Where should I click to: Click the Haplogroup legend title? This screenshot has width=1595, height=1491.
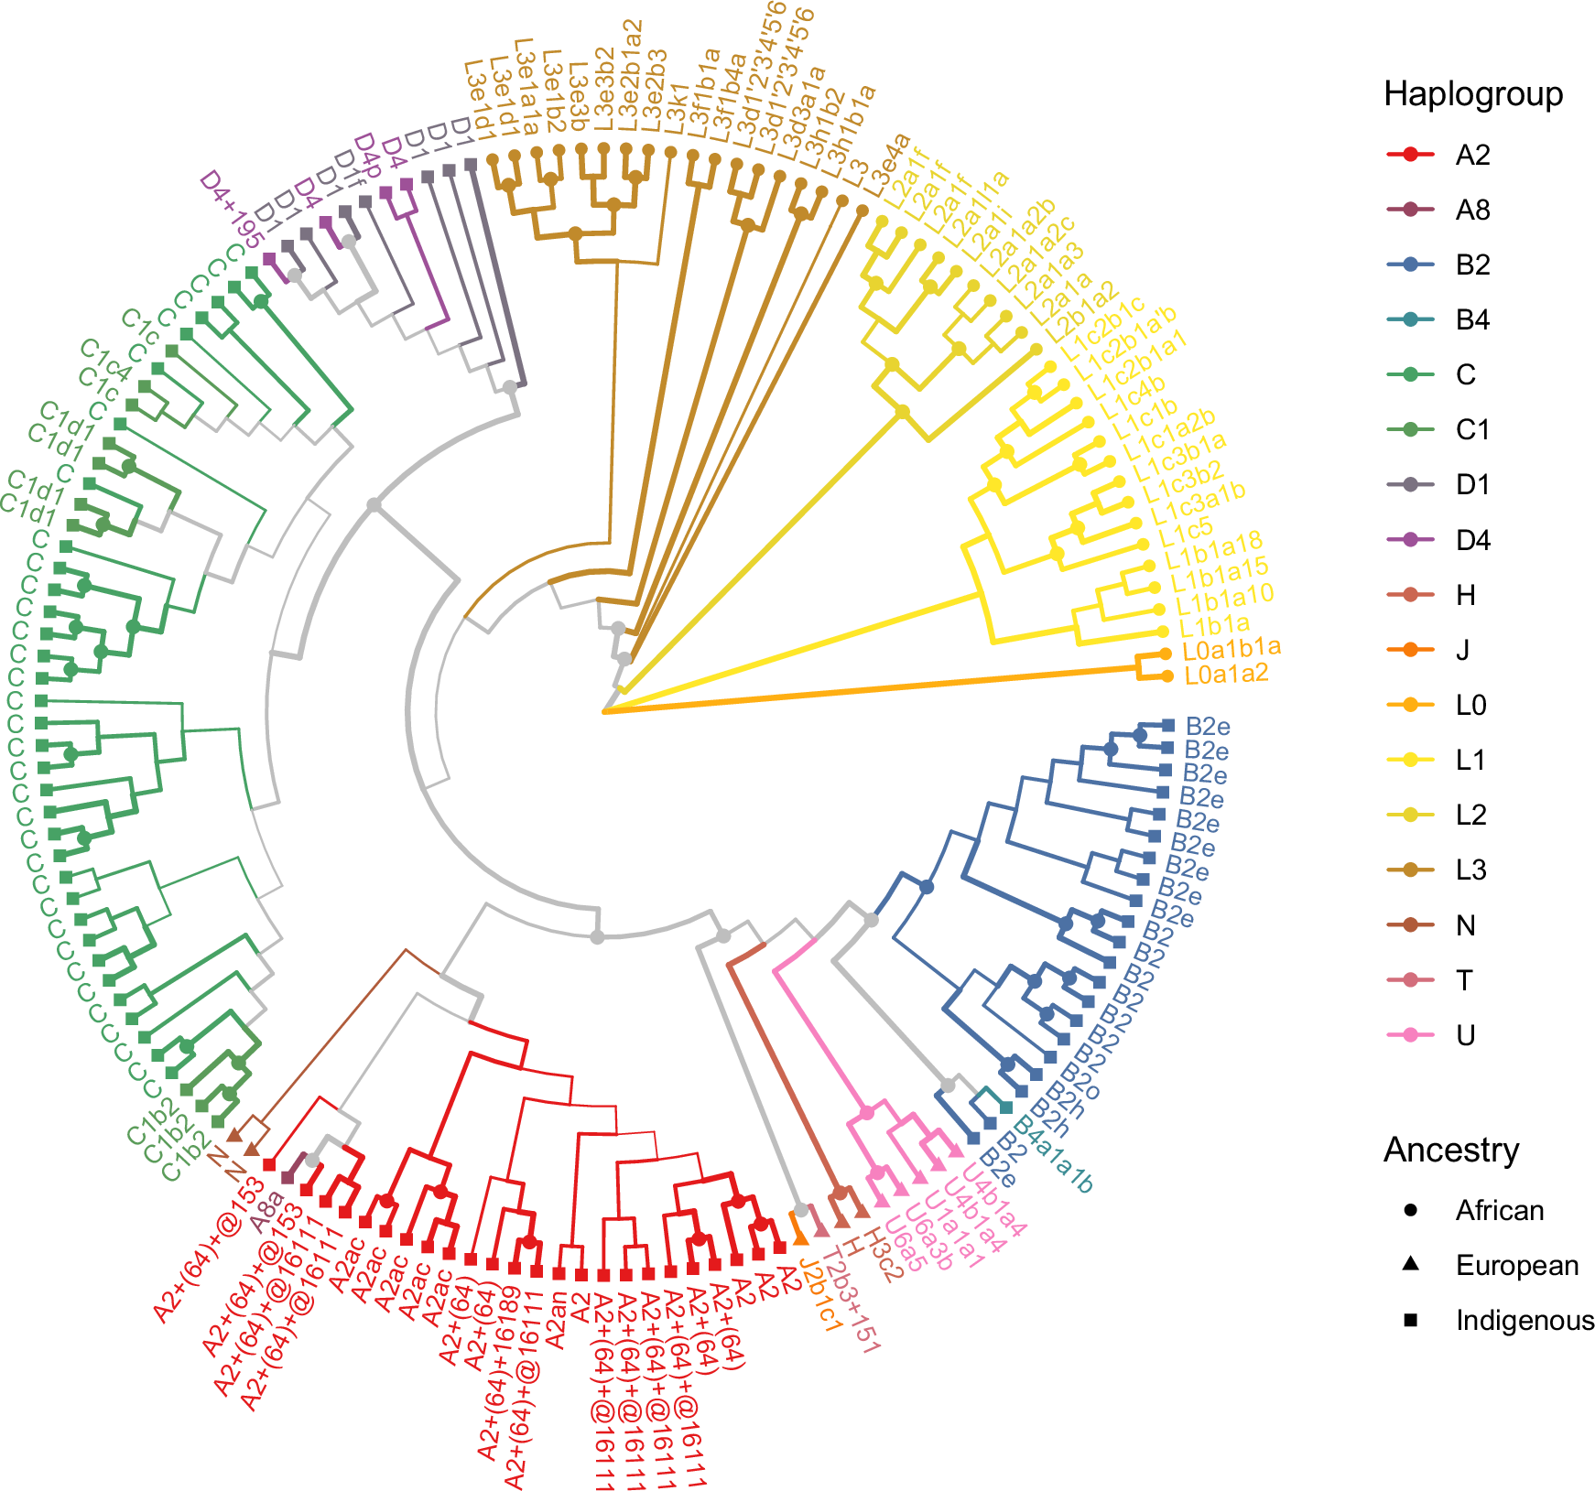click(1472, 94)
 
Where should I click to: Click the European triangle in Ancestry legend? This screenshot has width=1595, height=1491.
click(1411, 1264)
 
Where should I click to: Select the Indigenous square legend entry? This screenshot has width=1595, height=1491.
click(1411, 1320)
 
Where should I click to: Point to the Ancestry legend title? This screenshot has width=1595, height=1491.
click(1450, 1150)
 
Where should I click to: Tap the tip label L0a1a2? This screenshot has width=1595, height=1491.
click(1226, 675)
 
